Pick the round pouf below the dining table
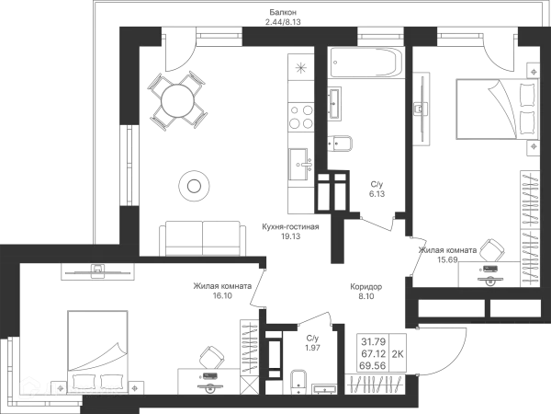point(193,186)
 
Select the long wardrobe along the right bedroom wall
point(530,225)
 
